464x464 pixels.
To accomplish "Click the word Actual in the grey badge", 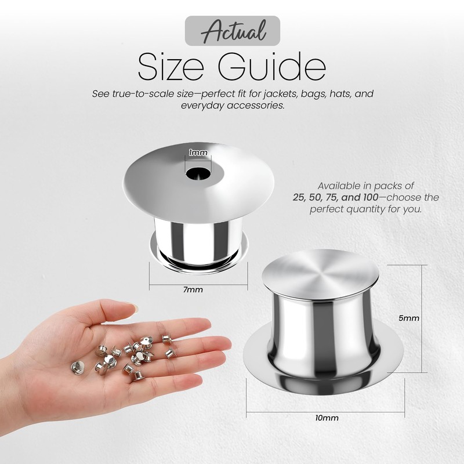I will pyautogui.click(x=232, y=30).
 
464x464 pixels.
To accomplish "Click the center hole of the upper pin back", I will pyautogui.click(x=198, y=172).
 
